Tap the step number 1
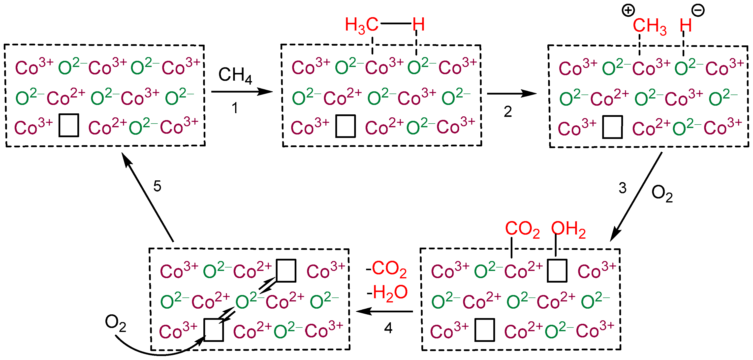click(235, 108)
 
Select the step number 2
click(508, 112)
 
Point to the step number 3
click(622, 188)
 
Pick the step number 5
click(157, 186)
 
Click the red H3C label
click(362, 25)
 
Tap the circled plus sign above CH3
click(628, 10)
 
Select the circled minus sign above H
click(698, 10)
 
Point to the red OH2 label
click(568, 229)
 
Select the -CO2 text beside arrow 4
click(386, 269)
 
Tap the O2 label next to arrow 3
click(662, 194)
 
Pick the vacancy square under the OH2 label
click(557, 270)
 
